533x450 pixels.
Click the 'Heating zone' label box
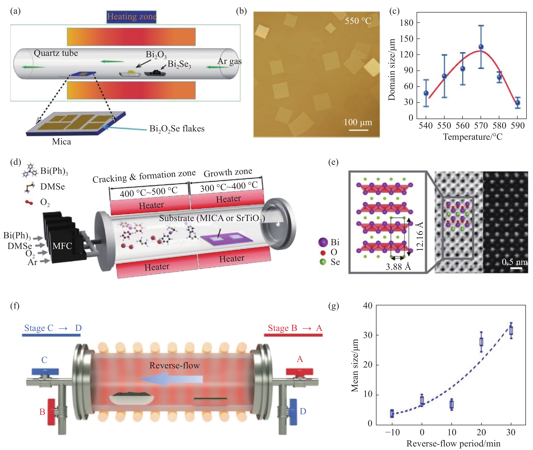point(131,17)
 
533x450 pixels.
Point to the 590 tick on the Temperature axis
point(517,125)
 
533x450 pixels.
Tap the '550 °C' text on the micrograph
point(358,21)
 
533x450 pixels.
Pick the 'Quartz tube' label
point(56,53)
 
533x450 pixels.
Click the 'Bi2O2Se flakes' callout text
point(177,129)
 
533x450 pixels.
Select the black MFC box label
point(62,246)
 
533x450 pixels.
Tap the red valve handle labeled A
point(299,371)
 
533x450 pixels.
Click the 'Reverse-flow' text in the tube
point(174,365)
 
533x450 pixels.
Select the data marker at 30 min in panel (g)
point(511,331)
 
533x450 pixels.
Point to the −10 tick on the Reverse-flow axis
point(392,432)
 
